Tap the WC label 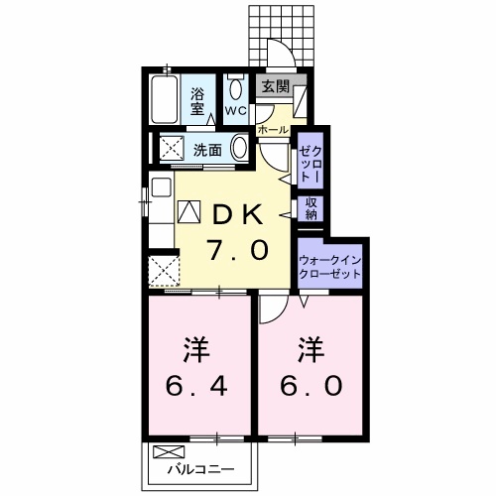pos(235,109)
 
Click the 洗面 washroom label pos(207,151)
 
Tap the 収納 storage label pos(310,207)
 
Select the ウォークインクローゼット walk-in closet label pos(331,267)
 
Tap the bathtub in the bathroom pos(165,100)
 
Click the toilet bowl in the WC pos(235,86)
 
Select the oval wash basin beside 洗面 pos(241,149)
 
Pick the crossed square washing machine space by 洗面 pos(172,149)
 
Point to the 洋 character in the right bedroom pos(310,349)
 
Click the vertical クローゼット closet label pos(310,160)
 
